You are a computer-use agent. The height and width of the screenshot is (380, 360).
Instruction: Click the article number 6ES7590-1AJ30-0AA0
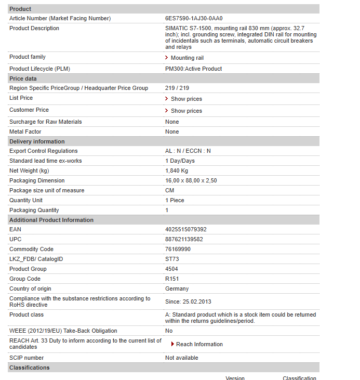point(194,18)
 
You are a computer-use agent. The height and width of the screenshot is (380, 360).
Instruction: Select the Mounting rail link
point(187,58)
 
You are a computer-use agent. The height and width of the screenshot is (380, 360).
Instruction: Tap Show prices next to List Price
point(186,99)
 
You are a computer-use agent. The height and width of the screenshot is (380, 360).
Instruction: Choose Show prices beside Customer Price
point(186,111)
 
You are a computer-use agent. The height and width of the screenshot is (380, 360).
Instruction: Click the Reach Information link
point(199,344)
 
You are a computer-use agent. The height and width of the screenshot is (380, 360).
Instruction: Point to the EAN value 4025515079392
point(185,229)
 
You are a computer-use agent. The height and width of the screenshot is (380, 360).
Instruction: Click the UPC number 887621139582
point(184,239)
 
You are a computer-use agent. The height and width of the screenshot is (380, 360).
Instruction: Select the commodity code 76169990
point(178,249)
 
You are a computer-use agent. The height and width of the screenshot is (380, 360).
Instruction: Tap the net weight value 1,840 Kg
point(177,171)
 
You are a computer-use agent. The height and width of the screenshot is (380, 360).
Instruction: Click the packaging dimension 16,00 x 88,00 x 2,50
point(191,180)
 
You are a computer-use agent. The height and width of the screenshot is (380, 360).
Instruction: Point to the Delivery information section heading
point(37,141)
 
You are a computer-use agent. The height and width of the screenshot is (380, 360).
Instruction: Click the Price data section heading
point(23,78)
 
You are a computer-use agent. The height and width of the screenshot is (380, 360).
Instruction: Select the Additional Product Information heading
point(51,220)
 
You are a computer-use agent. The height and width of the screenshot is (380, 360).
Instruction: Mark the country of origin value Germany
point(177,289)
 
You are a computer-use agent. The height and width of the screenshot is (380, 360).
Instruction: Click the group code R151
point(172,279)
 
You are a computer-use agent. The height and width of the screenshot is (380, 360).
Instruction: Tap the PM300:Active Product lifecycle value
point(193,69)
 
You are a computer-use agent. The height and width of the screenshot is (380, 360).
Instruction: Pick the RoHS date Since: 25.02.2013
point(188,302)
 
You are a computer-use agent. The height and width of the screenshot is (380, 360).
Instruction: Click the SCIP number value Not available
point(181,358)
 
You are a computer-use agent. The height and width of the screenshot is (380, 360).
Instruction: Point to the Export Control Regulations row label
point(43,151)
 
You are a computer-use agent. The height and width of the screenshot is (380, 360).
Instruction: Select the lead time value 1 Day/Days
point(180,161)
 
